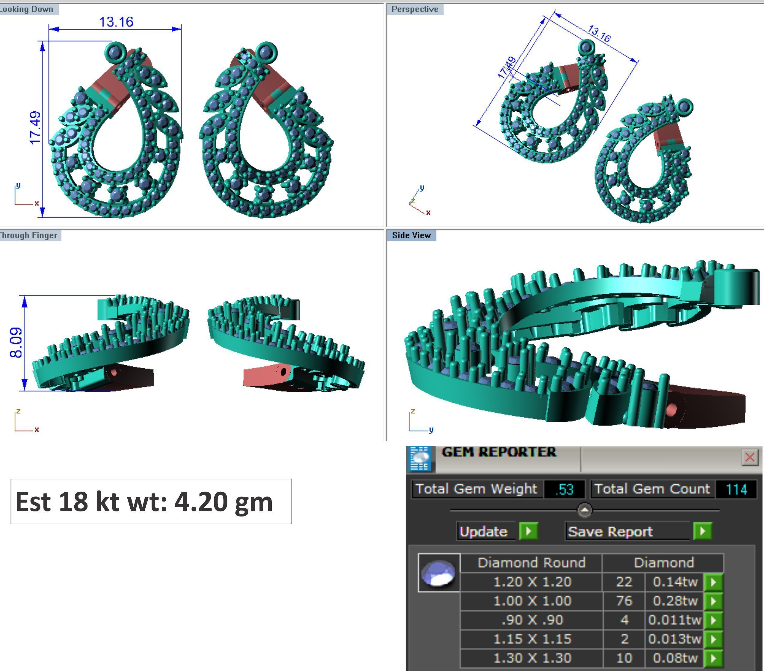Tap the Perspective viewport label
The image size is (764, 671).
(x=415, y=9)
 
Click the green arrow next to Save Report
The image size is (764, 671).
(x=702, y=531)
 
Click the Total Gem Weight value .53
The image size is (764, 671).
(x=564, y=489)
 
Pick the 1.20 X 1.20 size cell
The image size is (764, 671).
(x=532, y=582)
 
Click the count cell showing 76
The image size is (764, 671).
(x=624, y=601)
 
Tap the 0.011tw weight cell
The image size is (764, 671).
(x=674, y=620)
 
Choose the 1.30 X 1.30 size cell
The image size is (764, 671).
(x=532, y=658)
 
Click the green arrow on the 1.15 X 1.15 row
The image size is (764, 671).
(x=713, y=639)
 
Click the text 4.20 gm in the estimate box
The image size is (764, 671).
(x=224, y=502)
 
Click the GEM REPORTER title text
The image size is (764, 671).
(x=499, y=452)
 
